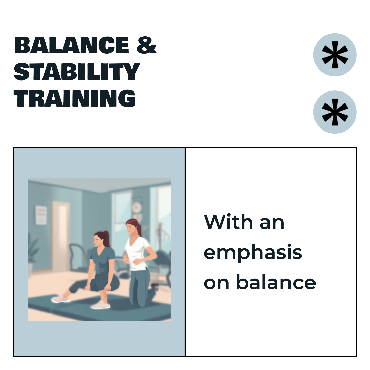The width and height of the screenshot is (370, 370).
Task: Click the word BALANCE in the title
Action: click(72, 45)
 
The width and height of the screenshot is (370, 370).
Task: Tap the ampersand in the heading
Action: click(147, 45)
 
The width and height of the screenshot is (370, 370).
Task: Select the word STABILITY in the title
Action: click(77, 72)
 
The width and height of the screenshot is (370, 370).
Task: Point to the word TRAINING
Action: click(75, 98)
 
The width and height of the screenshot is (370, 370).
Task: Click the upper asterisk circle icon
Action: click(335, 55)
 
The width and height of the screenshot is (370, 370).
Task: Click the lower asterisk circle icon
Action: click(335, 112)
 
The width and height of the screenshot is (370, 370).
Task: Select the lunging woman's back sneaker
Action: click(61, 298)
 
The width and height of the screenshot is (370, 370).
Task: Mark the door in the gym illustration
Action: click(61, 236)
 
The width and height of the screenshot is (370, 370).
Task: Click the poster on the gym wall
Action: click(41, 215)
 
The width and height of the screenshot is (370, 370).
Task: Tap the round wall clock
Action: click(137, 208)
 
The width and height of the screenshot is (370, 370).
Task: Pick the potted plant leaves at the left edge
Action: click(33, 250)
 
